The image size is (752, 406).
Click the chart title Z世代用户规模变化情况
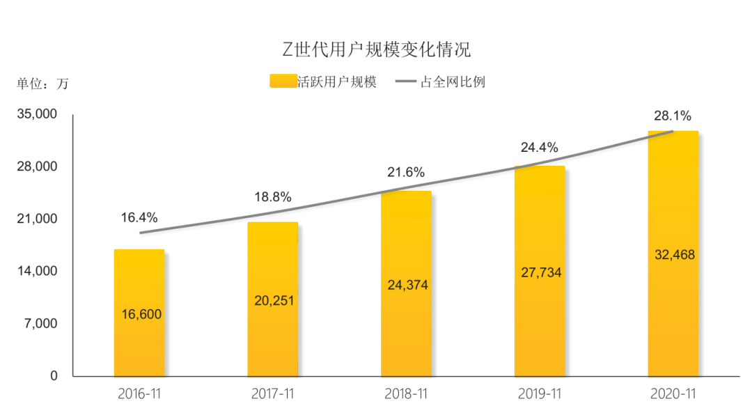(x=376, y=49)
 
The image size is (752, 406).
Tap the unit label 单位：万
(x=43, y=84)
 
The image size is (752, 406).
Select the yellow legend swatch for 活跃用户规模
(x=283, y=81)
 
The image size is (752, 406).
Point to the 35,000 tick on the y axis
(x=37, y=114)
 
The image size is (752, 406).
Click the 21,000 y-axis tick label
(x=37, y=219)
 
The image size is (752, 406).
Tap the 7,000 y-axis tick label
(x=40, y=324)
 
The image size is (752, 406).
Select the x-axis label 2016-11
(x=139, y=393)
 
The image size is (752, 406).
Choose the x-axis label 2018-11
(x=406, y=393)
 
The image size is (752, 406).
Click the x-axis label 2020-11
(x=673, y=393)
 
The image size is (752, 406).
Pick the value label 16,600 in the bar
(x=141, y=314)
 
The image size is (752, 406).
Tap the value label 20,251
(x=274, y=300)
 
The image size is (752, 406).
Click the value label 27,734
(x=541, y=272)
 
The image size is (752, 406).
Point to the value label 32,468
(x=675, y=254)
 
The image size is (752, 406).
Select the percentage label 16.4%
(x=139, y=217)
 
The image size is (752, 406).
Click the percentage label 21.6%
(x=406, y=172)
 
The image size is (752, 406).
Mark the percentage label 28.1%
(x=673, y=116)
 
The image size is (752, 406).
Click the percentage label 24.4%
(x=540, y=148)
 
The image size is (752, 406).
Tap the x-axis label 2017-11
(x=272, y=393)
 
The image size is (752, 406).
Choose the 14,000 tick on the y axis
(x=37, y=271)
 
